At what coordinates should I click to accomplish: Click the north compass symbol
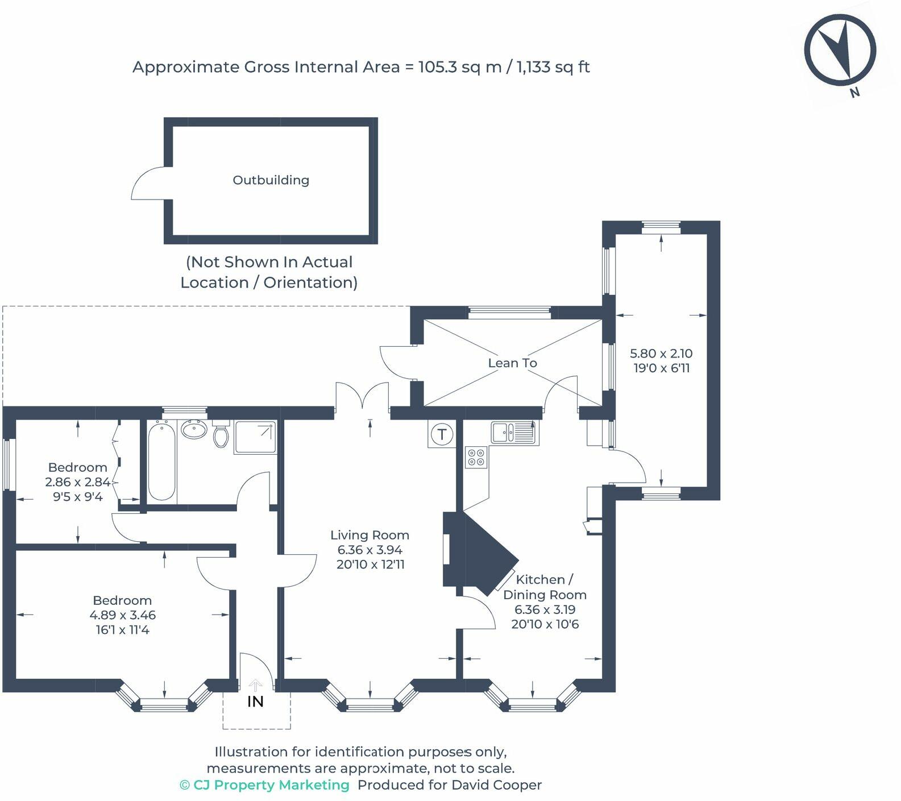840,51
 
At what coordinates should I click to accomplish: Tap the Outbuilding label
271,180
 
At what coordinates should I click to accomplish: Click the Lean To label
512,363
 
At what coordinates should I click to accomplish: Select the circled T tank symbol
442,435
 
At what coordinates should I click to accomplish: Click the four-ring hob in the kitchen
476,458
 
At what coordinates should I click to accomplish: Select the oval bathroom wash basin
194,430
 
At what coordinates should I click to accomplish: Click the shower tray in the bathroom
255,437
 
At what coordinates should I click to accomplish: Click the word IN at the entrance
255,702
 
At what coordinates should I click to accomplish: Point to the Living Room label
369,535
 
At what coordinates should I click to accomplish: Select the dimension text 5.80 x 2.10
661,354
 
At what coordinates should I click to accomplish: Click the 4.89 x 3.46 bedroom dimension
122,615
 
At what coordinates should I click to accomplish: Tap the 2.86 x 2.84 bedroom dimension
77,482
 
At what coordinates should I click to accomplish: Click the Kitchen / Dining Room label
545,587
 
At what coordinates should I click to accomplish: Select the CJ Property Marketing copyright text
264,785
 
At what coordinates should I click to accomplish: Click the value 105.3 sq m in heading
460,67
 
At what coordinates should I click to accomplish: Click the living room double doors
362,398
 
